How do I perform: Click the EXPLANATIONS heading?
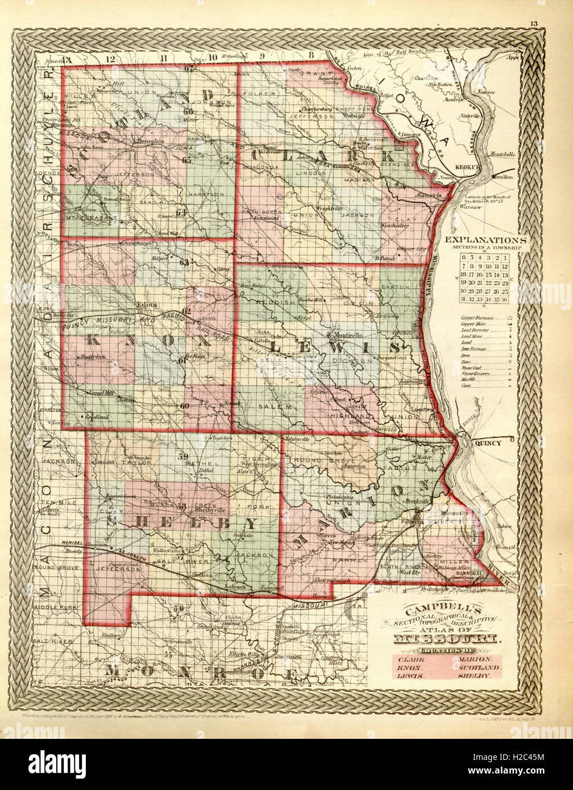[487, 239]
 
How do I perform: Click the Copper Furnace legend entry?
[476, 319]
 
